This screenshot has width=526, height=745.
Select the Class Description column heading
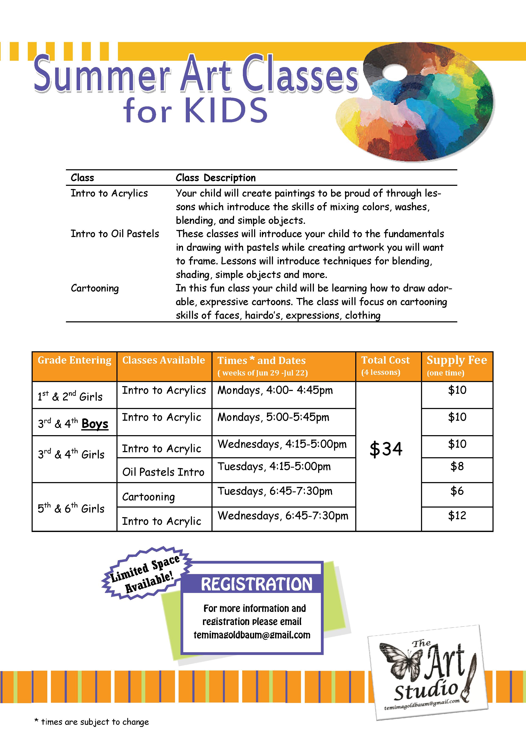point(215,178)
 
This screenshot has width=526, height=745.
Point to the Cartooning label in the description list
point(95,288)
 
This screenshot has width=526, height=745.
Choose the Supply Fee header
point(457,360)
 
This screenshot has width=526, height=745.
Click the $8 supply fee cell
point(457,467)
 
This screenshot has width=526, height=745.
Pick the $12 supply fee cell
point(457,516)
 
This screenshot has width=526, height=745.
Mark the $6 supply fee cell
point(457,491)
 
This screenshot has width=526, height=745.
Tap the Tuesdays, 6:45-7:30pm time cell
point(275,491)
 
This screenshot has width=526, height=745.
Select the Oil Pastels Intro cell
point(163,472)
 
